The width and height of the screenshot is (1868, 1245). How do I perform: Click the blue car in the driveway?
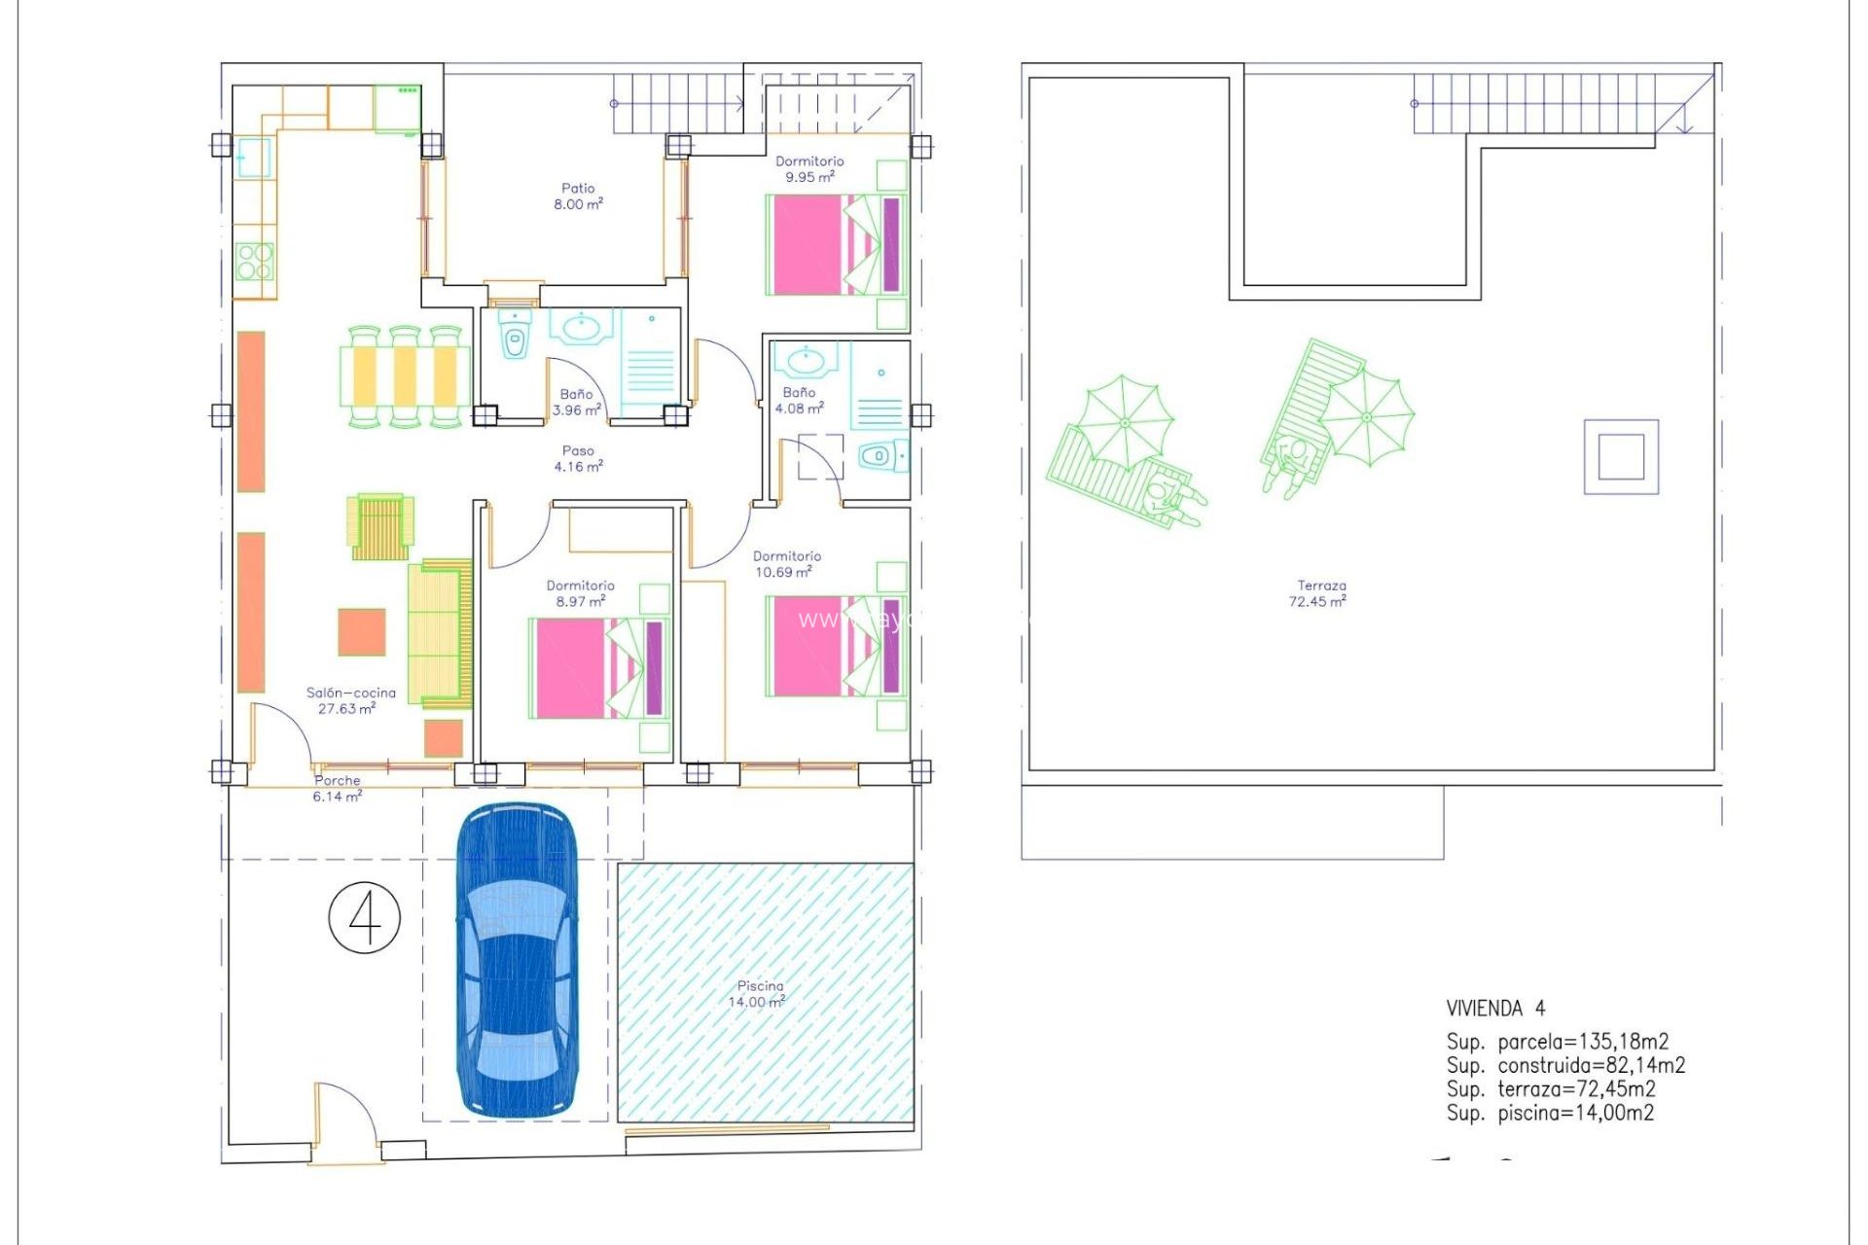(517, 960)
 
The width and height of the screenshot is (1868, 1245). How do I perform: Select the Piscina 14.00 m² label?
(758, 993)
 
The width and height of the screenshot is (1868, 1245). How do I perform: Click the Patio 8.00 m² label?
(578, 196)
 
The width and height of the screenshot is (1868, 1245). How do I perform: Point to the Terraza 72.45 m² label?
(1318, 593)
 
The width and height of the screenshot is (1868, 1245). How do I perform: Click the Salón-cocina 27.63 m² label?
(350, 700)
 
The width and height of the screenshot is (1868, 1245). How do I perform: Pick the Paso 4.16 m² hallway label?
(578, 458)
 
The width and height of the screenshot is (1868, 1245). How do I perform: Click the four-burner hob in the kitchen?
(255, 262)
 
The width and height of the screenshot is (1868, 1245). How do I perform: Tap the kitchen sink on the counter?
(254, 159)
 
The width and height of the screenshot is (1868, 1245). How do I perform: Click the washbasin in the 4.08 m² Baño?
(805, 361)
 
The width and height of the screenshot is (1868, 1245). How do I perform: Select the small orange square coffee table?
(362, 632)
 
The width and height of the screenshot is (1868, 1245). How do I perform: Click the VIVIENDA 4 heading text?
(1494, 1008)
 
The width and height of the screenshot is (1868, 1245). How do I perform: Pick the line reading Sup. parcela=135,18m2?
(1557, 1042)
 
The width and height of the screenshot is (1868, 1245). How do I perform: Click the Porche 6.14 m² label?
(337, 788)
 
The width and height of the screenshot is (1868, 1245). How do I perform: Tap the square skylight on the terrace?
(1621, 456)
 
